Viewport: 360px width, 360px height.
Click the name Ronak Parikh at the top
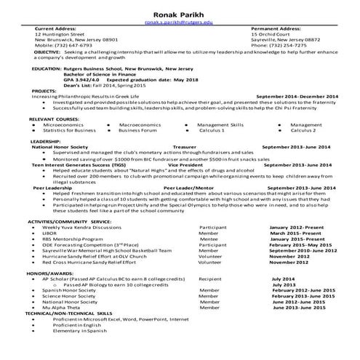[x=180, y=13]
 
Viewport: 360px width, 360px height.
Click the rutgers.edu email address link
[x=180, y=23]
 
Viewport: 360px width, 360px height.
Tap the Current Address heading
[x=55, y=28]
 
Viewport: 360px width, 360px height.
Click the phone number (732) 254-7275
[x=279, y=46]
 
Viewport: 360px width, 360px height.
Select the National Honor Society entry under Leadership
[x=60, y=146]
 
